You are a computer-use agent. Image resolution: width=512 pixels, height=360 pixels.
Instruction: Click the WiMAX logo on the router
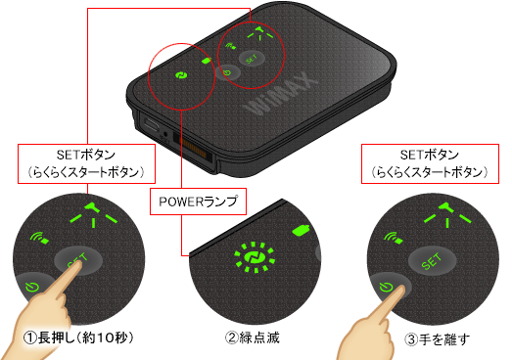[x=281, y=96]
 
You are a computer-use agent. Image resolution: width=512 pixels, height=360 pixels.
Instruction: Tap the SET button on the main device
[x=252, y=59]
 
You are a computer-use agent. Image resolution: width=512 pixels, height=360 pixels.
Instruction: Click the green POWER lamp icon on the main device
[x=180, y=75]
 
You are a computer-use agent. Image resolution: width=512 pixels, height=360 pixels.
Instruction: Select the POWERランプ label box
[x=198, y=202]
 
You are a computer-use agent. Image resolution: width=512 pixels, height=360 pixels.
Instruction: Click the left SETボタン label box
[x=86, y=163]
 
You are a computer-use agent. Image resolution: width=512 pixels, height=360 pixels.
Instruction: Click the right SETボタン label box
[x=430, y=163]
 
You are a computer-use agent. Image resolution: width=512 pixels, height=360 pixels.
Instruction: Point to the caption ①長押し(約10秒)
[x=78, y=337]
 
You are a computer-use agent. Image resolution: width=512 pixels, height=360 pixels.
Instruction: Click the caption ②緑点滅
[x=253, y=337]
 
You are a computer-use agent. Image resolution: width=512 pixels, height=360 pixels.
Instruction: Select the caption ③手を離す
[x=437, y=339]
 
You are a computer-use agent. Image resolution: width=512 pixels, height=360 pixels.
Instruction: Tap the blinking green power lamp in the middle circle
[x=255, y=257]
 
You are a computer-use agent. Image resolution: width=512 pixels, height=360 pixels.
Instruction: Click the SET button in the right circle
[x=432, y=261]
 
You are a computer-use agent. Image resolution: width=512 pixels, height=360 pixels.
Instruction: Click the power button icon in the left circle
[x=32, y=287]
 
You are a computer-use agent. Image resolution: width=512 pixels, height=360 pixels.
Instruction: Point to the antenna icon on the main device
[x=260, y=33]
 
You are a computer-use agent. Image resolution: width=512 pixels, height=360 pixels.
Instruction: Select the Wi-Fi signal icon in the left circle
[x=39, y=238]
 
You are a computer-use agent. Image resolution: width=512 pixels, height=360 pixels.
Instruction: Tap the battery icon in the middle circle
[x=302, y=230]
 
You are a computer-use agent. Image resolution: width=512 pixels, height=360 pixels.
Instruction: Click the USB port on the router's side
[x=152, y=124]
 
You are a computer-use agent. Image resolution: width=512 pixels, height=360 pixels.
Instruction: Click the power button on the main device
[x=227, y=72]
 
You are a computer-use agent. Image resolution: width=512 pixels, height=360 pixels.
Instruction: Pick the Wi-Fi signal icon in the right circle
[x=394, y=238]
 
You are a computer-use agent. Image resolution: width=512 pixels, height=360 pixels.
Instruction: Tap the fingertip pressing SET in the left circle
[x=75, y=268]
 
